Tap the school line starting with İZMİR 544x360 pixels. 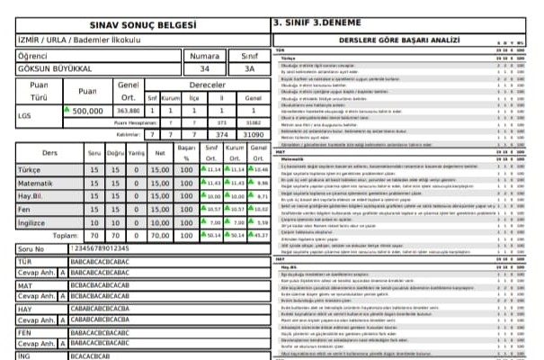click(68, 40)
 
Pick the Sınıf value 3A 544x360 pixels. click(249, 68)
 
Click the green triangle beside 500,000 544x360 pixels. click(67, 109)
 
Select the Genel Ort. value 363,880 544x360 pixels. click(129, 111)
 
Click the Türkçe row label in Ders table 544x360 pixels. click(30, 168)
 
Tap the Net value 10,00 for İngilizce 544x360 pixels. click(160, 220)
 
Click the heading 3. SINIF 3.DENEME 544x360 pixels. click(314, 23)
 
